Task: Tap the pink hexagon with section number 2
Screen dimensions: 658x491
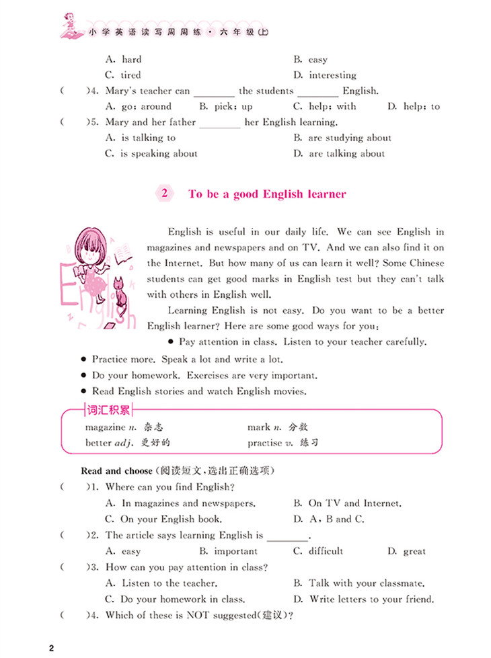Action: pos(163,194)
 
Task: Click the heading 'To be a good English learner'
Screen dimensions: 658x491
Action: pos(267,194)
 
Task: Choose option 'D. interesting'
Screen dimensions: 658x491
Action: pos(334,75)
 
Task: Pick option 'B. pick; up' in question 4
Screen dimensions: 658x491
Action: pos(226,106)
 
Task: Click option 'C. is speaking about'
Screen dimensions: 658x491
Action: pos(151,153)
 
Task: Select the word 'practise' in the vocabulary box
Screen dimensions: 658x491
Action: pos(266,443)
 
